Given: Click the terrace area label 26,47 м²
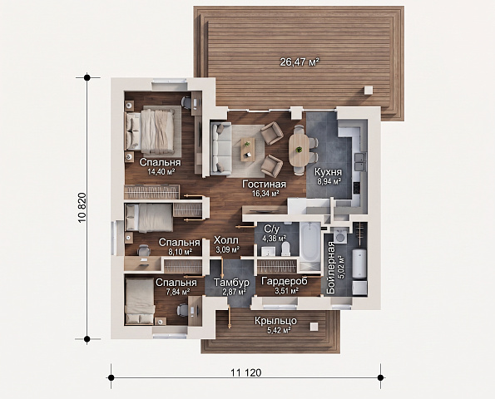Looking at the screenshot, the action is click(299, 62).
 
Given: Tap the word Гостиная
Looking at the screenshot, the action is click(265, 185).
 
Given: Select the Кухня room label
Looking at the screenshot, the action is click(329, 172).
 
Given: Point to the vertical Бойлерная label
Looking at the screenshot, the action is click(331, 268).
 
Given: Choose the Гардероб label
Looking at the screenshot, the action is click(285, 281).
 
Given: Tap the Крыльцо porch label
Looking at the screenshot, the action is click(275, 321).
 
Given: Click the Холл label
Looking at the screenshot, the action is click(226, 240).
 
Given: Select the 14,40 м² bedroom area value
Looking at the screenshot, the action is click(161, 171).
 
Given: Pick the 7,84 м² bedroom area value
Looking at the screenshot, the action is click(178, 292).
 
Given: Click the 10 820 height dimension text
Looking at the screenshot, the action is click(82, 207).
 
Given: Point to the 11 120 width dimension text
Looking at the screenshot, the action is click(246, 373).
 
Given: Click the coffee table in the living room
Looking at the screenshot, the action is click(248, 149).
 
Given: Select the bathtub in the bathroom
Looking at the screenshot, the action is click(309, 242).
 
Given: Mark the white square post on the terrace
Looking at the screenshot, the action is click(369, 90).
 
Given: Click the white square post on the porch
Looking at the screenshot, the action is click(314, 327).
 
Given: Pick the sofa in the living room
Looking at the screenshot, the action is click(221, 149).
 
